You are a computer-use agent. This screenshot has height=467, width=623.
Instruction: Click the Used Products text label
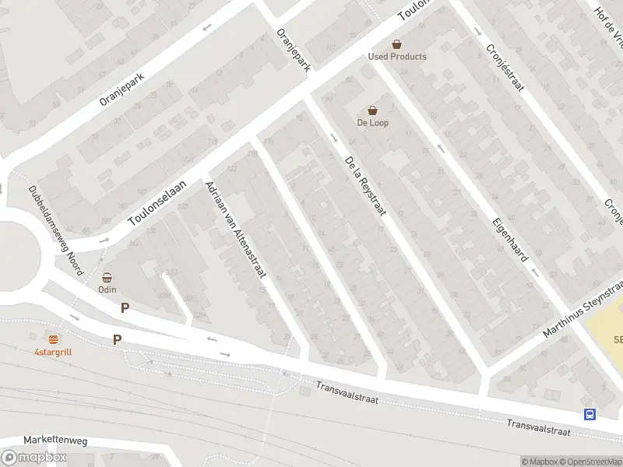397,57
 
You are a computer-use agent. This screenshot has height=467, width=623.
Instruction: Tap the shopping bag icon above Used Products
397,44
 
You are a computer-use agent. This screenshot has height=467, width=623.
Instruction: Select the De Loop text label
373,123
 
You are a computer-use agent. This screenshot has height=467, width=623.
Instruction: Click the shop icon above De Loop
373,111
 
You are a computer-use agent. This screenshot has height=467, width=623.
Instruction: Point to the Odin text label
107,290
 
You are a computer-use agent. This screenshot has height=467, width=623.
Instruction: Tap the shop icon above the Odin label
107,277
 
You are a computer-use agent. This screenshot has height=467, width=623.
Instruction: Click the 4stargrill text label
53,352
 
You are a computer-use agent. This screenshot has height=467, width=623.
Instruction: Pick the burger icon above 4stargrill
53,339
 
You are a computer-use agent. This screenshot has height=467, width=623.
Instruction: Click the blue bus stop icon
590,415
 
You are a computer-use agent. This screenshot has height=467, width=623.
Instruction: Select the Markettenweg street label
55,441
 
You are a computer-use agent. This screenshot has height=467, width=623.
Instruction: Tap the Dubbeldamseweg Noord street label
55,230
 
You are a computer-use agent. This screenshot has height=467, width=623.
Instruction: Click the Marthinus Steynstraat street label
583,311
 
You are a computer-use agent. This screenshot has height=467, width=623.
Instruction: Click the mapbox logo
33,458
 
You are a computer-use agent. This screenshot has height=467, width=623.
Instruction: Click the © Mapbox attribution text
538,462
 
